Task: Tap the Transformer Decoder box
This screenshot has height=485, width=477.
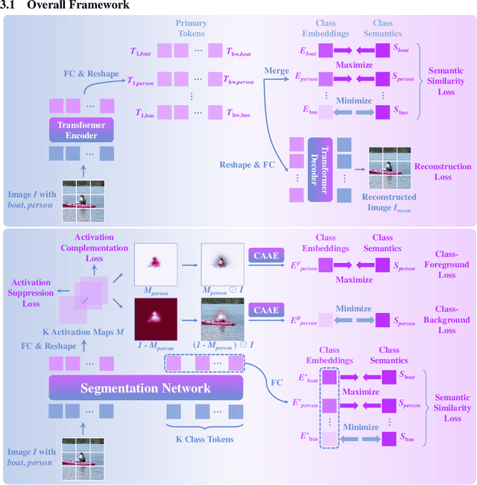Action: tap(319, 169)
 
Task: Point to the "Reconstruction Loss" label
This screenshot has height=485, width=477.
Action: tap(443, 172)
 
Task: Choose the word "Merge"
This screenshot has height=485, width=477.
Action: tap(277, 70)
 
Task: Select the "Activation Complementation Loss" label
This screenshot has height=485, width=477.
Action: tap(98, 248)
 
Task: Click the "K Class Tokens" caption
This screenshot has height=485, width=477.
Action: tap(203, 439)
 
